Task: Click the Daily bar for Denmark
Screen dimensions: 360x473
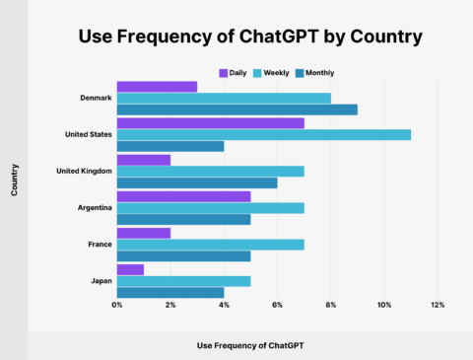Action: [x=157, y=87]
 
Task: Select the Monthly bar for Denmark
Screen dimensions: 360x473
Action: [x=236, y=109]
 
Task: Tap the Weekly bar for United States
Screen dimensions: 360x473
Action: [x=263, y=135]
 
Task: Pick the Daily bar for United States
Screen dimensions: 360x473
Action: [x=210, y=123]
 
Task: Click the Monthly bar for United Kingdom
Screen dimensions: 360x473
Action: [x=197, y=182]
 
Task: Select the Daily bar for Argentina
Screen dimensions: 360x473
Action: [x=183, y=196]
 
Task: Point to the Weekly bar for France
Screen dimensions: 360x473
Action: [x=210, y=244]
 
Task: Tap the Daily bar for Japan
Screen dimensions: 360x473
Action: [x=130, y=269]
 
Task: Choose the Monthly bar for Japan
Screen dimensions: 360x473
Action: [x=170, y=292]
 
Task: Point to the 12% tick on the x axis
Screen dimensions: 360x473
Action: [x=438, y=305]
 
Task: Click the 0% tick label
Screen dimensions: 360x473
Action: [x=117, y=305]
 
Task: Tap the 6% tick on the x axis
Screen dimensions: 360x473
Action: [x=278, y=305]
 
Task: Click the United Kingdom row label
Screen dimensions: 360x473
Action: [x=83, y=171]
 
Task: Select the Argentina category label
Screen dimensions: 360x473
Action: [x=93, y=207]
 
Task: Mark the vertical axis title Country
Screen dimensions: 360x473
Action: [x=15, y=180]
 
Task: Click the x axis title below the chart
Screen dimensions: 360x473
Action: [x=251, y=345]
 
